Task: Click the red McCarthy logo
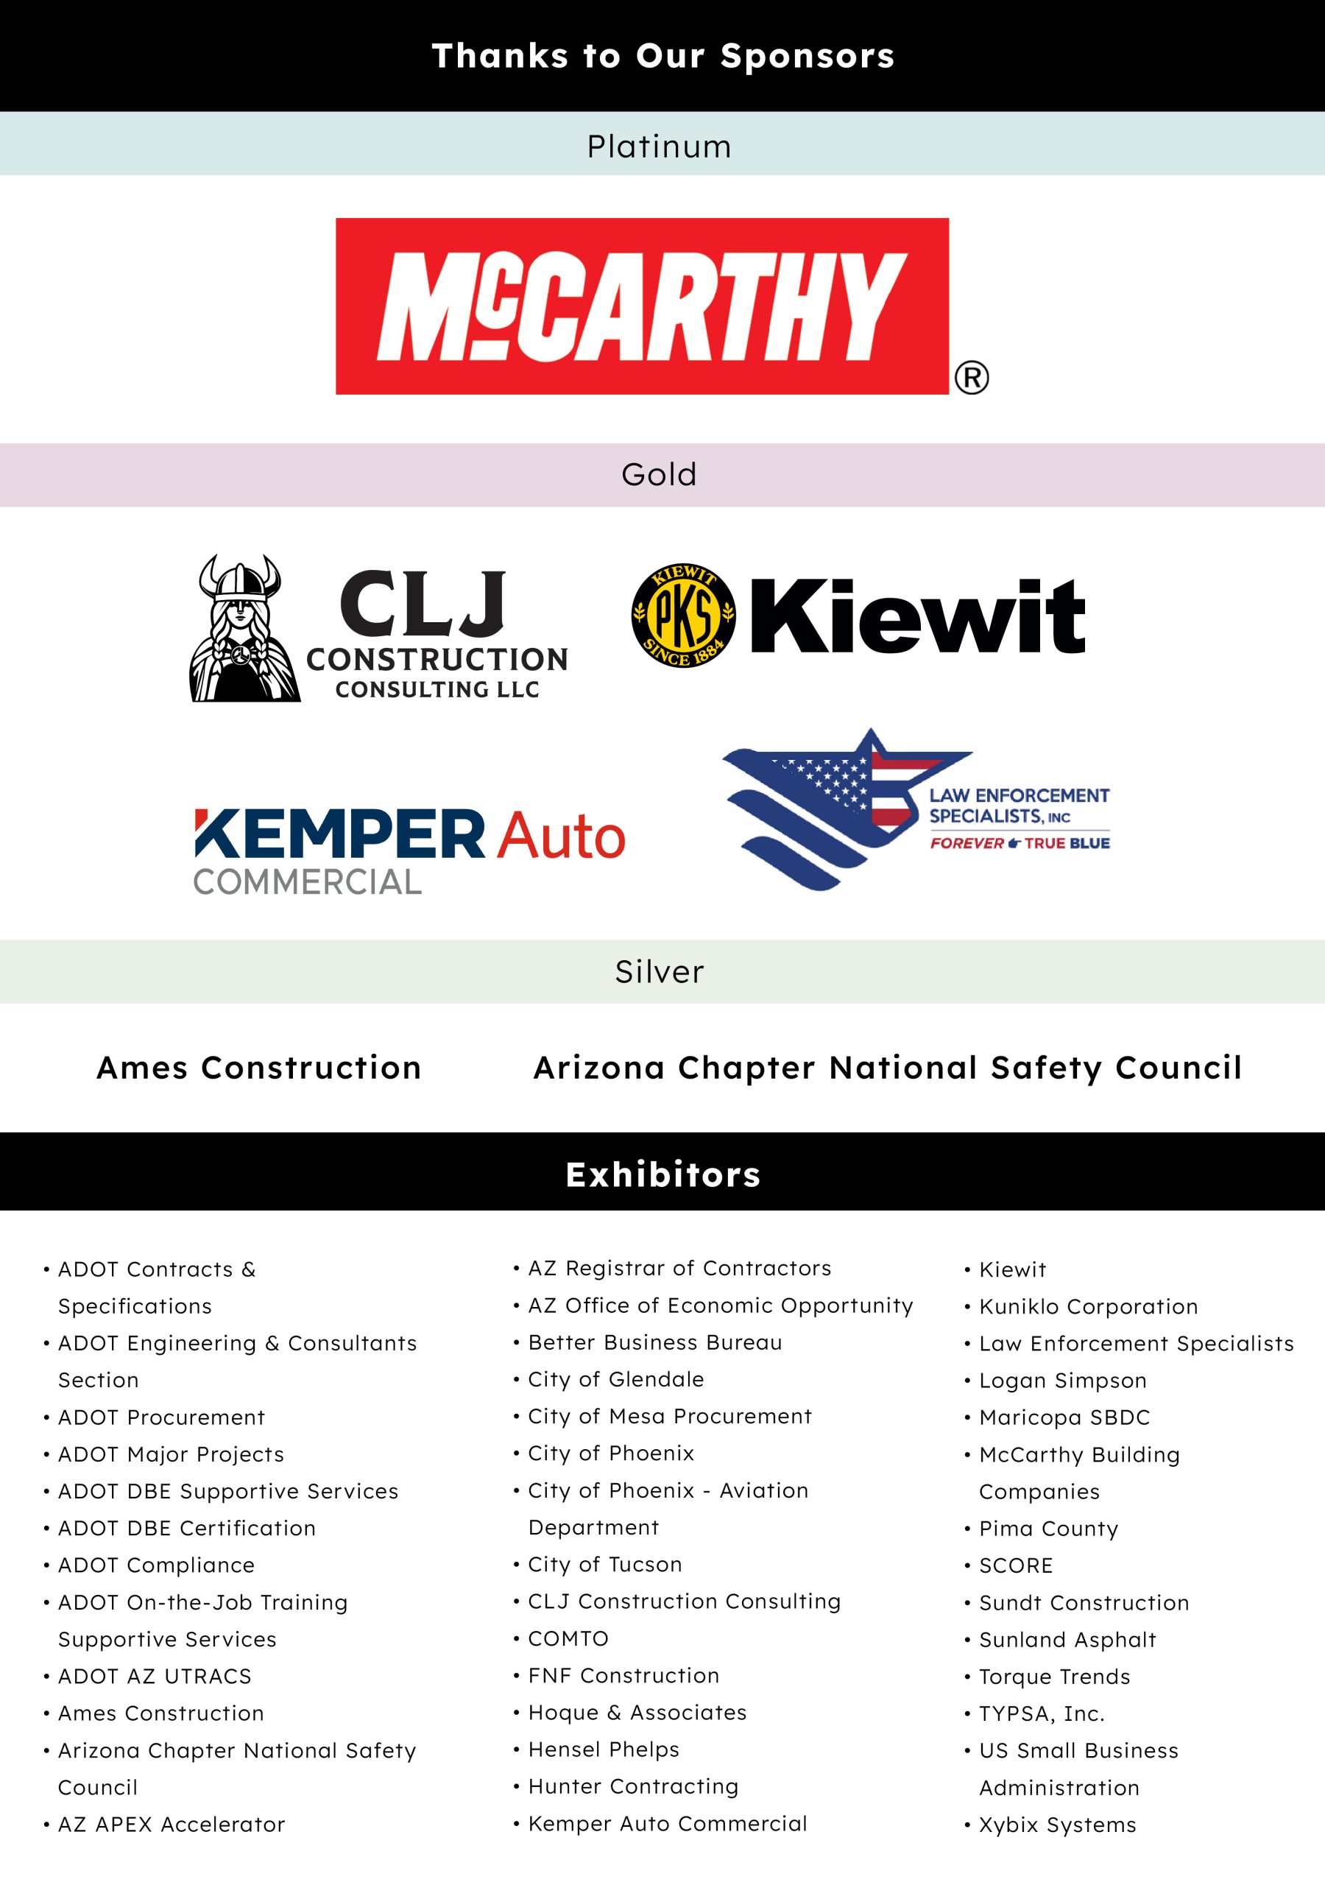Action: tap(642, 306)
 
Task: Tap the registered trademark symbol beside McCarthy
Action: tap(971, 378)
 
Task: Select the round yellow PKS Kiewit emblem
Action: tap(683, 615)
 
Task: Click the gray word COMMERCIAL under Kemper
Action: tap(307, 881)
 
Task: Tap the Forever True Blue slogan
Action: tap(1020, 843)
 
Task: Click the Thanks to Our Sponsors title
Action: tap(662, 56)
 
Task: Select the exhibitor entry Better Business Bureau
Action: tap(654, 1342)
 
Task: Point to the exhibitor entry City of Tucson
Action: tap(604, 1564)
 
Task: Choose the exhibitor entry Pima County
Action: tap(1048, 1528)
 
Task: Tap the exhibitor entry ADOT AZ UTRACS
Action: tap(155, 1676)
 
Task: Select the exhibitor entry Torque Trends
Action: tap(1054, 1676)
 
